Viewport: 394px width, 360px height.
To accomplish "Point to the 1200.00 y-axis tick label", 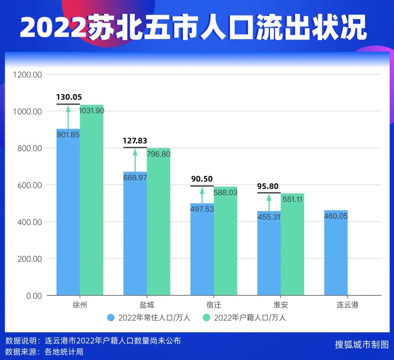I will coord(28,75).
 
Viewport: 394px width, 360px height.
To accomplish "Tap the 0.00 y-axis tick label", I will coord(34,296).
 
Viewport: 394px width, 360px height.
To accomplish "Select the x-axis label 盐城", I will coord(147,305).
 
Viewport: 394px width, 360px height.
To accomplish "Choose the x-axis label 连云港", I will coord(347,305).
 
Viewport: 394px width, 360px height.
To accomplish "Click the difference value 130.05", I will coord(69,97).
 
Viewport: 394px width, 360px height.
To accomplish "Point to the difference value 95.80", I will coord(268,186).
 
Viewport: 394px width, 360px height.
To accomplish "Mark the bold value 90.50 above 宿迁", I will coord(202,179).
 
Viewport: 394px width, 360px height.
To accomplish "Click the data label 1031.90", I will coord(92,111).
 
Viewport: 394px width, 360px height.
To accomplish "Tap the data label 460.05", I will coord(336,216).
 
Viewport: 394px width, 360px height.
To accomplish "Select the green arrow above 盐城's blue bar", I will coord(135,159).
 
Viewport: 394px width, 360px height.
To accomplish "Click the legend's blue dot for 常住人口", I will coord(111,317).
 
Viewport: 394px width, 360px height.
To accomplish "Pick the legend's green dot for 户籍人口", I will coord(206,317).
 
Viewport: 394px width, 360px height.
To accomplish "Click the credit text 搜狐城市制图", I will coord(362,345).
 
